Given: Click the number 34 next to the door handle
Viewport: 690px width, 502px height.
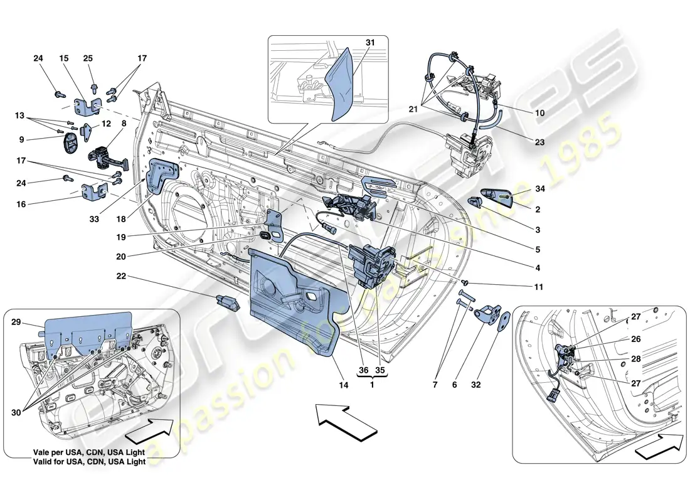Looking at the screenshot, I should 540,189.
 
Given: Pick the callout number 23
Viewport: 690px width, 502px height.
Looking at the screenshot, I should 540,142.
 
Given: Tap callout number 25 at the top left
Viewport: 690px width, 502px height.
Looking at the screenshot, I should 88,58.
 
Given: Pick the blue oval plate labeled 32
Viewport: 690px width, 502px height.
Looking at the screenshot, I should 502,323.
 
